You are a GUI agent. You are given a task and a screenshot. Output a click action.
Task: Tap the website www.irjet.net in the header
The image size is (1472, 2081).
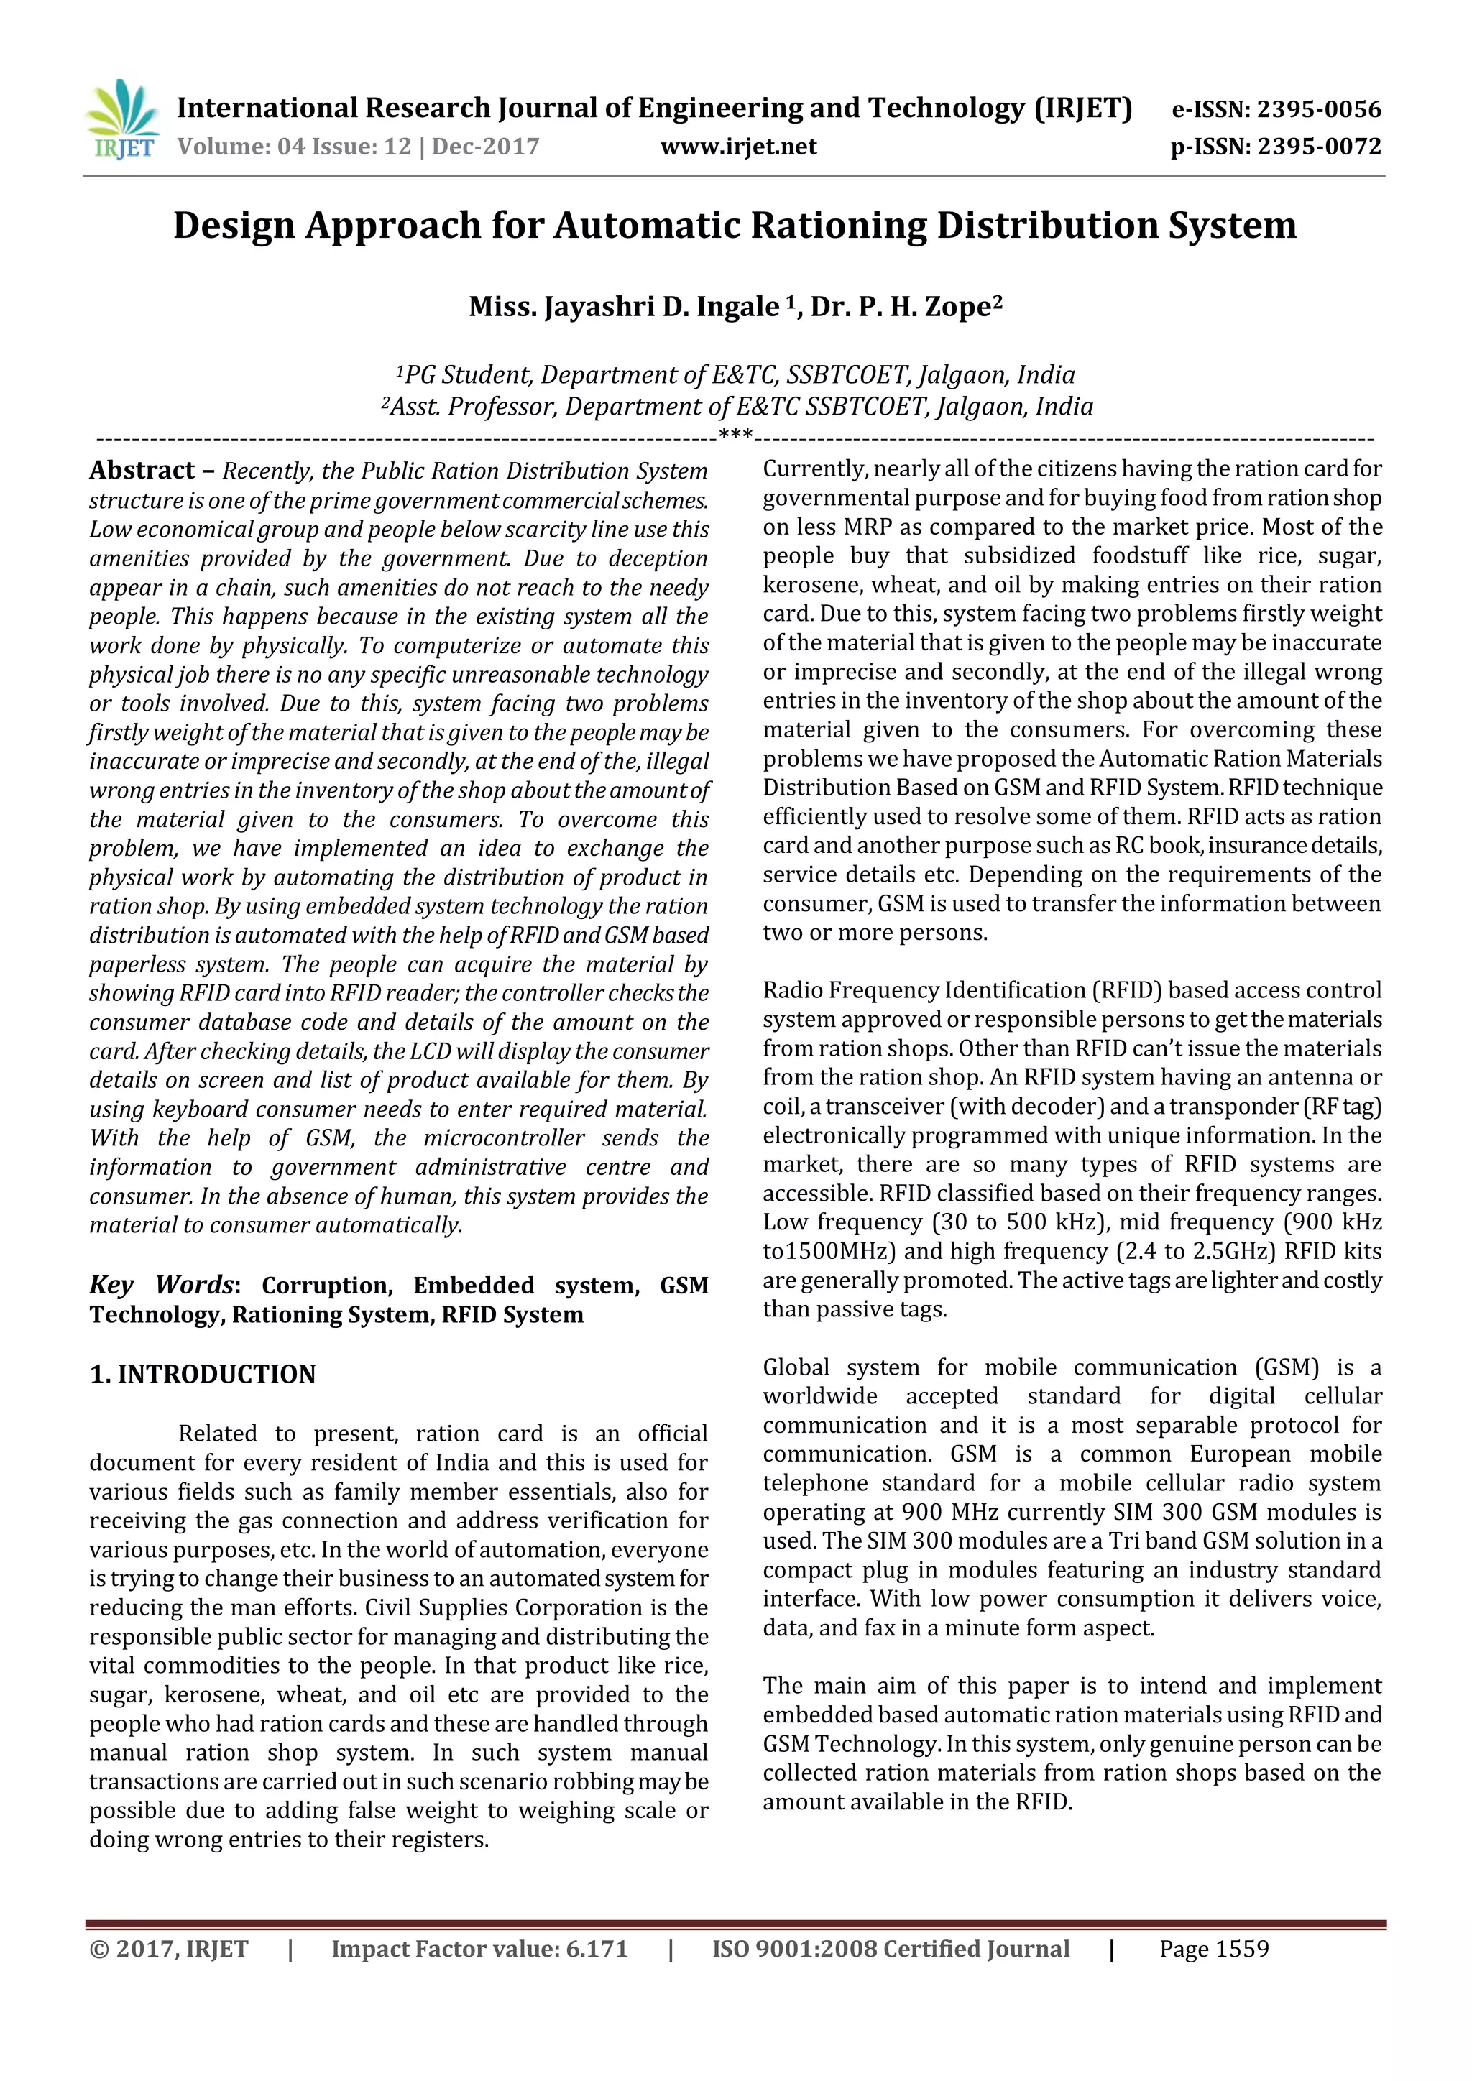pos(738,146)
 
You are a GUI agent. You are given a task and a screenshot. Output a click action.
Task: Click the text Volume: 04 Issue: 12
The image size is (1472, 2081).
pos(294,146)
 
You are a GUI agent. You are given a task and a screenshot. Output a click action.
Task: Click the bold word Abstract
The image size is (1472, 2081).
pos(142,471)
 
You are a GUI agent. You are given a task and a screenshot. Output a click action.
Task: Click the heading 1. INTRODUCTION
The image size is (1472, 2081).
pos(202,1374)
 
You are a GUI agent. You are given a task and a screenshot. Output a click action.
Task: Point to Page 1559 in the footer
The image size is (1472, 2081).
pos(1214,1949)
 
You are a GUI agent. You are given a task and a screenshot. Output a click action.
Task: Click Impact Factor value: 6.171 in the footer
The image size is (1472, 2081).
pos(479,1949)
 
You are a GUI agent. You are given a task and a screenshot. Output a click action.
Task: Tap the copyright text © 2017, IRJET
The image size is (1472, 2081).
pos(169,1949)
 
